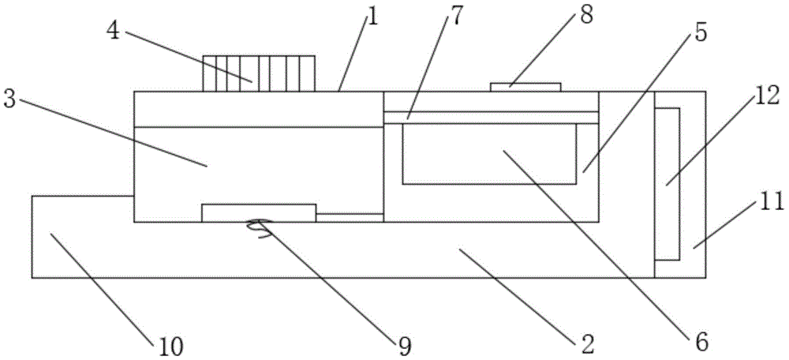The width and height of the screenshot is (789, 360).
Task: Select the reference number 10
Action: (x=170, y=344)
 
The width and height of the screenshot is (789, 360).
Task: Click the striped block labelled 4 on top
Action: (x=259, y=73)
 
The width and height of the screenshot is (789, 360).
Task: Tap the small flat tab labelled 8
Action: (x=526, y=86)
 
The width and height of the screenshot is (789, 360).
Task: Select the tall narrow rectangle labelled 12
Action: (x=667, y=183)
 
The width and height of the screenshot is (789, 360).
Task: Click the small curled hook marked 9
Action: (x=256, y=226)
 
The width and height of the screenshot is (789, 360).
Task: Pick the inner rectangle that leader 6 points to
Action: (x=489, y=155)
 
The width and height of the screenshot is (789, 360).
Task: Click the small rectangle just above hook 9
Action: (x=259, y=213)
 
